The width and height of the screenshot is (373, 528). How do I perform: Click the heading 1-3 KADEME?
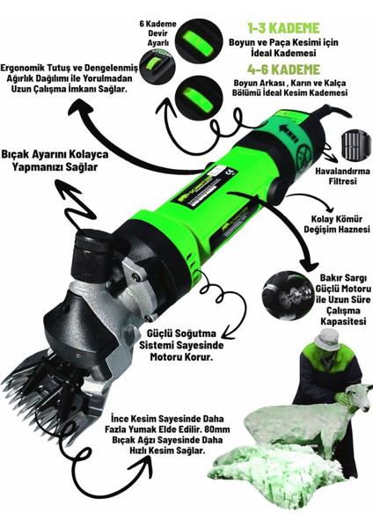point(283,28)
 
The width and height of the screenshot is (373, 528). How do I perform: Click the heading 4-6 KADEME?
point(283,70)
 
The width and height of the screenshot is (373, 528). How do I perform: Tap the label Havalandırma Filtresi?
point(343,176)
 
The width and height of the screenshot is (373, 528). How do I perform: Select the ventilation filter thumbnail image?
point(355,146)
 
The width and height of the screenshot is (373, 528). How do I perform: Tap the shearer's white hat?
point(325,340)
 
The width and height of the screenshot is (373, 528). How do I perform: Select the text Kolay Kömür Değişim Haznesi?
point(337,224)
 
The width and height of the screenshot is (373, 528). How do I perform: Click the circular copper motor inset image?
point(284,296)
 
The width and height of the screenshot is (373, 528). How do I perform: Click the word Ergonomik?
point(23,69)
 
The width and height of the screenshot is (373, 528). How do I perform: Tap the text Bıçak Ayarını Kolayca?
point(55,155)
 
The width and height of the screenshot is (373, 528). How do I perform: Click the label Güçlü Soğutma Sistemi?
point(181,340)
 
